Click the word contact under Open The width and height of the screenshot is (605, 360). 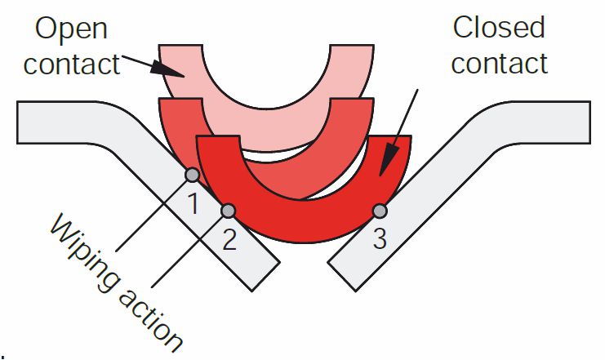pyautogui.click(x=71, y=64)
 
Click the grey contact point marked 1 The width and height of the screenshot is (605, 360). pyautogui.click(x=192, y=174)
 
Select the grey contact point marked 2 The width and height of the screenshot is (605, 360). pyautogui.click(x=229, y=211)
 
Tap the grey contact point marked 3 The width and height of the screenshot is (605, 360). pyautogui.click(x=379, y=211)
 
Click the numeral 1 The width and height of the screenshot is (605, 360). pyautogui.click(x=193, y=202)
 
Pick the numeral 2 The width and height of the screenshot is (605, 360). pyautogui.click(x=229, y=240)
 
